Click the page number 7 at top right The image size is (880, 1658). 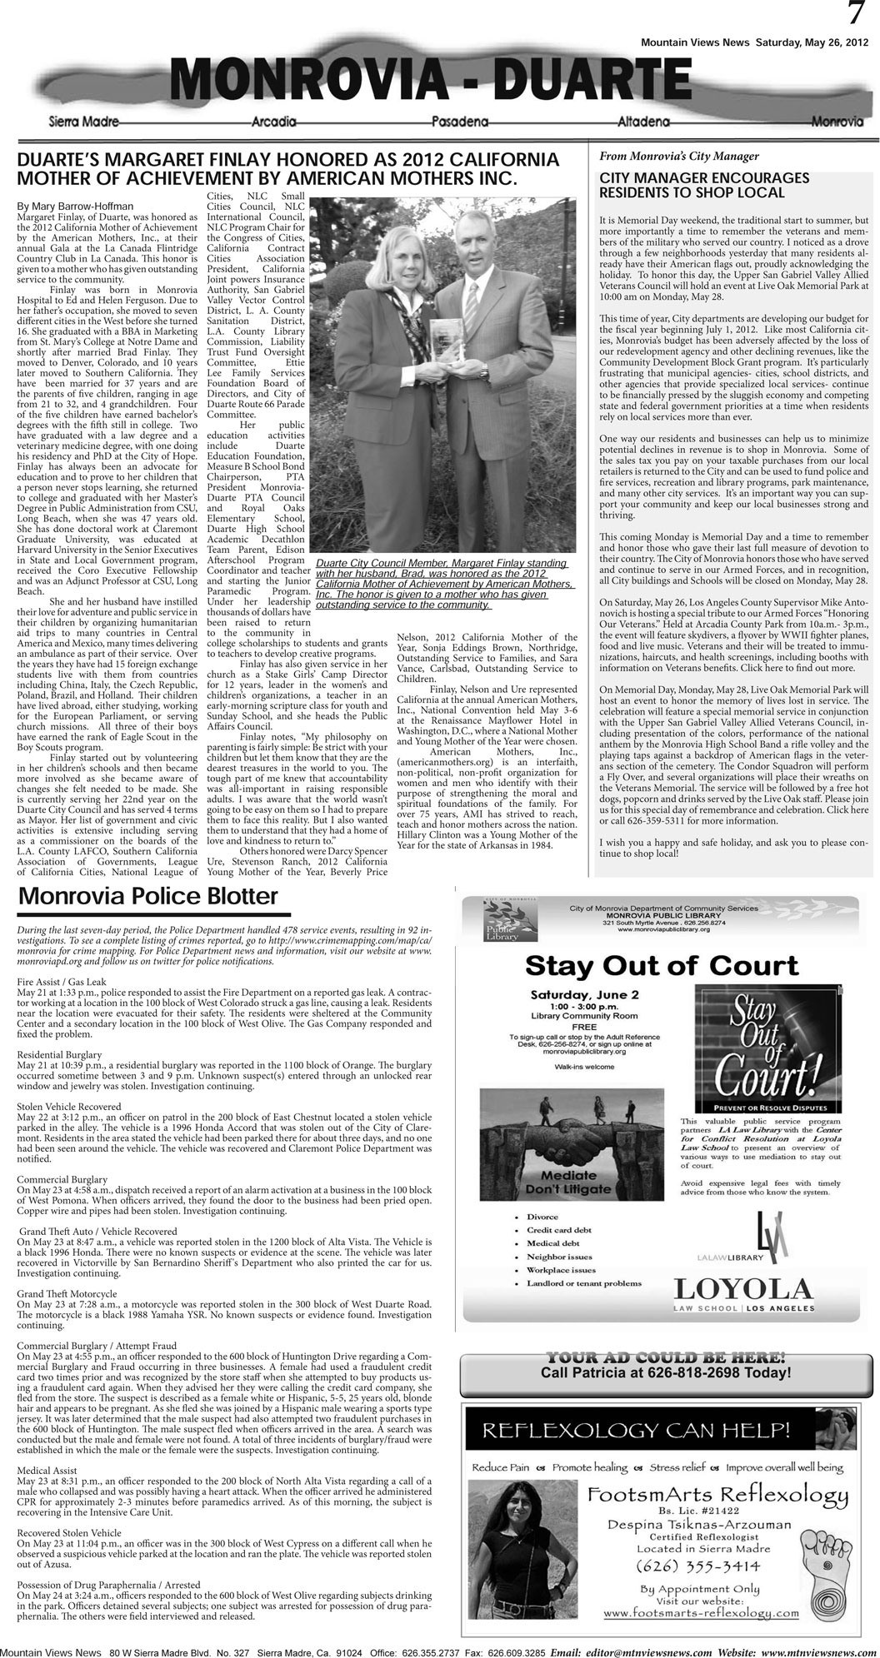click(855, 14)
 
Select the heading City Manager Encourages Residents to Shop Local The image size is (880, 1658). click(704, 186)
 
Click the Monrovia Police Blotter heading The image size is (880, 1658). click(147, 897)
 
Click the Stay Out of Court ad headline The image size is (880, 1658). click(662, 965)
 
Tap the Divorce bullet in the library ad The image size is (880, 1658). click(542, 1216)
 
